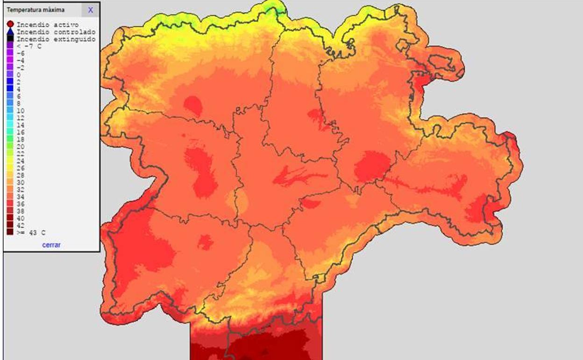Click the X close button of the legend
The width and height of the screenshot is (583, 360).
coord(90,10)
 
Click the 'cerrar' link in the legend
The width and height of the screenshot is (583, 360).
coord(51,245)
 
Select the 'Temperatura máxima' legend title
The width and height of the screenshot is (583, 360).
coord(36,10)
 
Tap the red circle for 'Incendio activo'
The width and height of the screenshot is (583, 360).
coord(10,24)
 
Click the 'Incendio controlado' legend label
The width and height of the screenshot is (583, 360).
coord(56,32)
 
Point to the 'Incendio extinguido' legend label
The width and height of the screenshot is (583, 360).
coord(56,39)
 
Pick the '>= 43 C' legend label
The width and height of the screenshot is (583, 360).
coord(27,232)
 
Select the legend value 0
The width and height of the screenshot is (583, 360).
coord(19,75)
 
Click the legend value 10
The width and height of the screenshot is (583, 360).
coord(20,111)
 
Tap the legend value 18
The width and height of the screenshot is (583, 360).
coord(20,139)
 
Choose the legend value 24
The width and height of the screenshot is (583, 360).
coord(20,161)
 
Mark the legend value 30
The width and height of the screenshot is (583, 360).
coord(20,182)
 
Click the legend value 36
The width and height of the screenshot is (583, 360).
coord(20,204)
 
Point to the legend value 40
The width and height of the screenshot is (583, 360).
coord(20,218)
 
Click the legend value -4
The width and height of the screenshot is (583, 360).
coord(20,61)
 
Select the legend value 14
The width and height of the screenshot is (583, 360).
coord(20,125)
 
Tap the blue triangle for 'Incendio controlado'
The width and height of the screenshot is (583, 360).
coord(10,31)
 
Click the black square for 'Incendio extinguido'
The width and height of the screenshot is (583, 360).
coord(10,39)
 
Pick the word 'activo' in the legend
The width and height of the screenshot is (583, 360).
coord(66,24)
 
